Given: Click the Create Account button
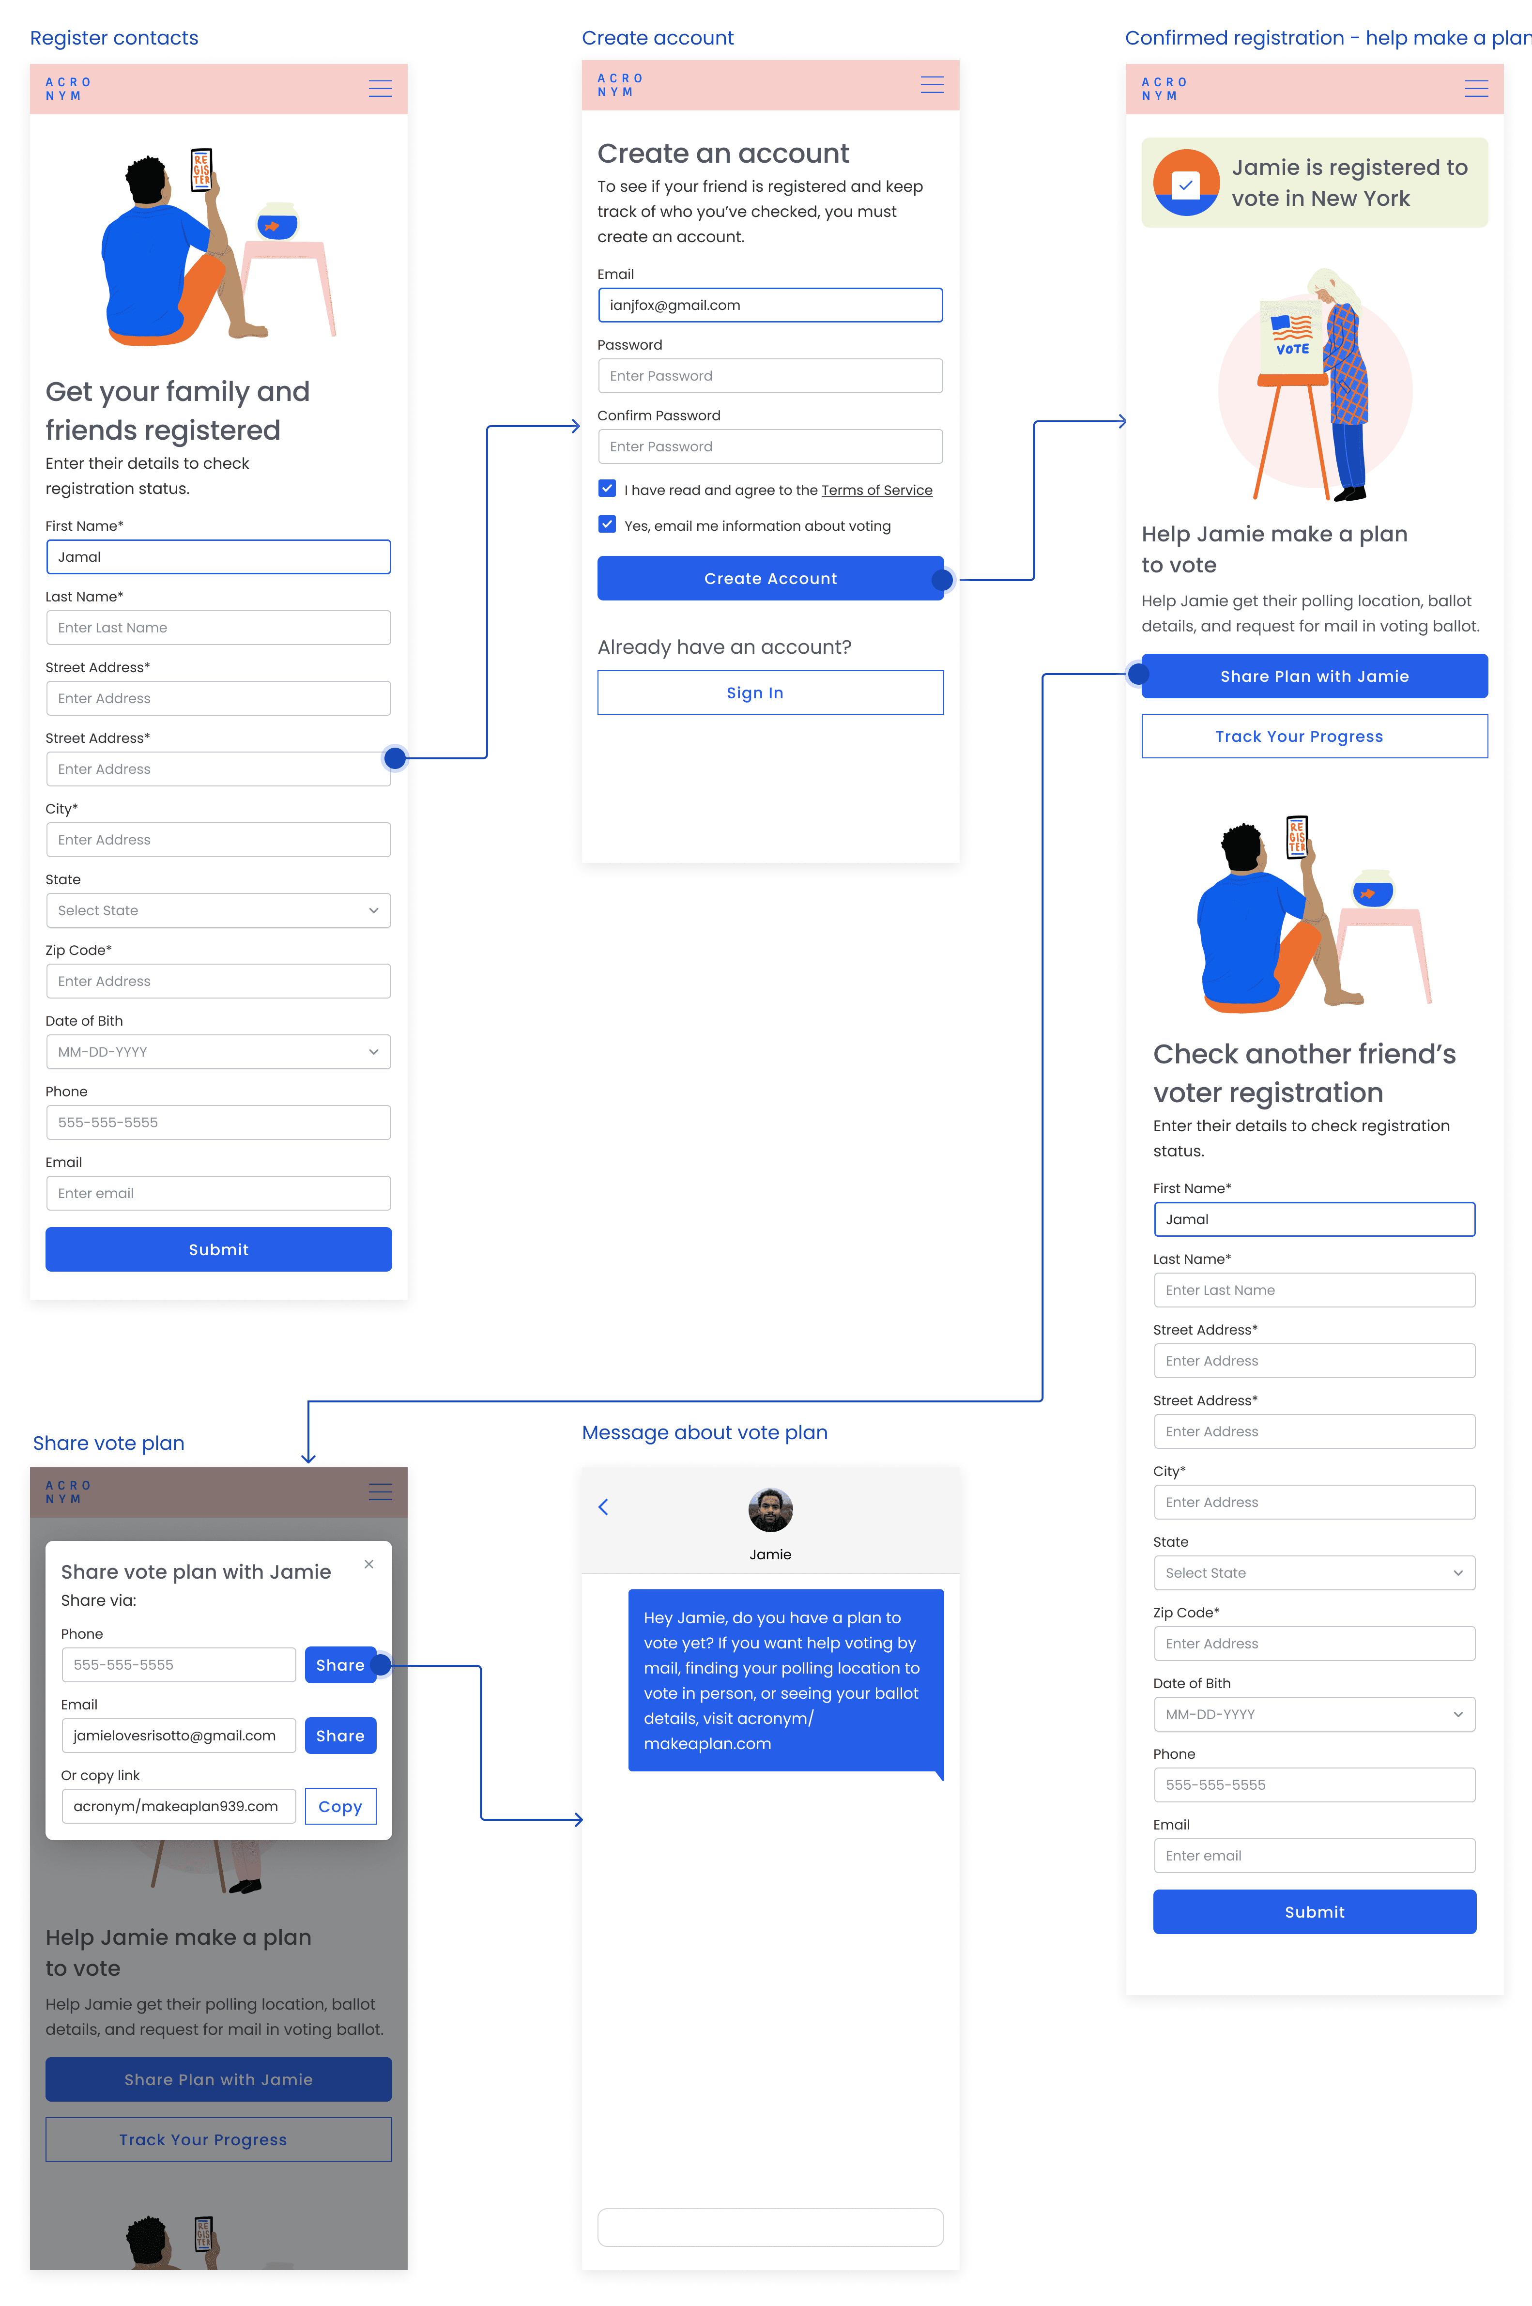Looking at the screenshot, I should (770, 579).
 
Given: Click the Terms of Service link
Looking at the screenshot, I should (876, 491).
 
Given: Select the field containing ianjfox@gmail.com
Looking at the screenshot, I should (770, 305).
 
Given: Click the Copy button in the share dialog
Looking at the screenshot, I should (340, 1807).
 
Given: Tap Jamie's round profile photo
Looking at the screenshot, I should (770, 1509).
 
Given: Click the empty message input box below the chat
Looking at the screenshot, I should (770, 2227).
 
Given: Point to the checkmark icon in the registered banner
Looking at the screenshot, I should (1185, 184).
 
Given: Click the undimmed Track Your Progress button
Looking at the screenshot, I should (1314, 737).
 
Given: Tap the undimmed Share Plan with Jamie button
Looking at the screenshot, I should (1314, 676).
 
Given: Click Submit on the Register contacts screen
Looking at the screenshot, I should (218, 1250).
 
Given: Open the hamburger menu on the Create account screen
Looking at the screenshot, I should (932, 85).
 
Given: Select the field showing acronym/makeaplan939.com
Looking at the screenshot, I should (178, 1807).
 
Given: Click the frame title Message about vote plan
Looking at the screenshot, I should (705, 1432).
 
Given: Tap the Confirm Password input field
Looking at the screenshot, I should (770, 446).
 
